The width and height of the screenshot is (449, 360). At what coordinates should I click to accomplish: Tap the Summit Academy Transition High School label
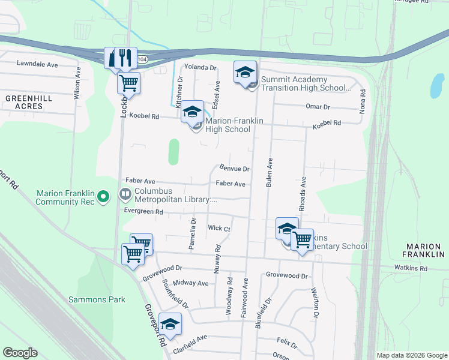pos(304,83)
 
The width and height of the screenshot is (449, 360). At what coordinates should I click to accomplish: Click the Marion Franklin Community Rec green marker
pos(103,196)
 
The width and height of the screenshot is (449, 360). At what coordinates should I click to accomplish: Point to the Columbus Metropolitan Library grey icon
pos(125,194)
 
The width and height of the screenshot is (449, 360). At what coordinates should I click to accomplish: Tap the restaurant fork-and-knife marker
pos(125,58)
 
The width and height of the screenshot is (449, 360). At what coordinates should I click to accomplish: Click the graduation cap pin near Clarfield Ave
pos(170,324)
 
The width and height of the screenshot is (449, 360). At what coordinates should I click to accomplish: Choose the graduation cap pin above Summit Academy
pos(244,72)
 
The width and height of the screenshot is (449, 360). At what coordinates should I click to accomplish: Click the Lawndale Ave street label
pos(37,64)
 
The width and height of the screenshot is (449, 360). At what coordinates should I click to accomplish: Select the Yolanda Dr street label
pos(200,68)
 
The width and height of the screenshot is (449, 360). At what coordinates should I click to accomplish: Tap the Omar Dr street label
pos(318,107)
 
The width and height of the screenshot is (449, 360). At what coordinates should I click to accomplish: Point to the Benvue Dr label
pos(234,169)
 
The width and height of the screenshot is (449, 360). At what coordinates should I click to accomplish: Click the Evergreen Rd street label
pos(143,212)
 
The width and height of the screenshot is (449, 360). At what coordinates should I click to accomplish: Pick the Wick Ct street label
pos(219,229)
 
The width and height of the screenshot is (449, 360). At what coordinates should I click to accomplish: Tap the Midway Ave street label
pos(190,283)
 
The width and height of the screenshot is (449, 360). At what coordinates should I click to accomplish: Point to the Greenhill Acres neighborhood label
pos(25,102)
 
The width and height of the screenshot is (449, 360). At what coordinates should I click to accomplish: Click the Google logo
pos(20,353)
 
